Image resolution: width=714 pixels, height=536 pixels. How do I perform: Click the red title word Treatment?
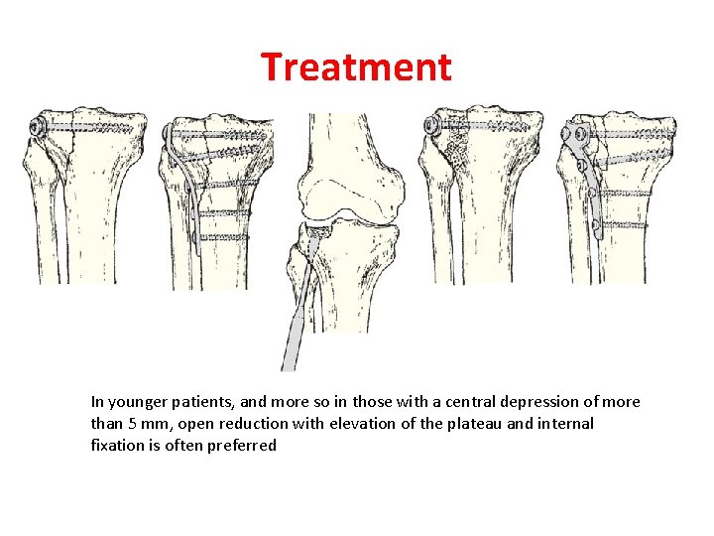356,67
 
